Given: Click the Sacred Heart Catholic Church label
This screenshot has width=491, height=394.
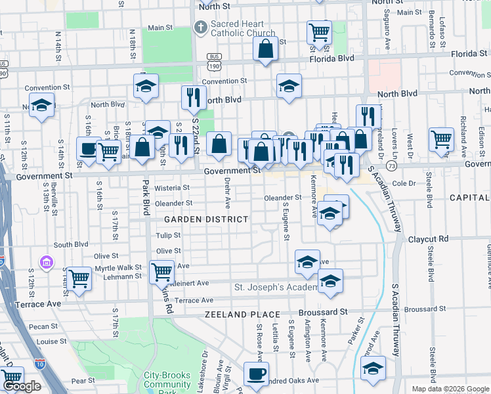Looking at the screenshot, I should [x=242, y=28].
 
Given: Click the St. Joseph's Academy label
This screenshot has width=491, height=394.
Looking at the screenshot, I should [x=275, y=288].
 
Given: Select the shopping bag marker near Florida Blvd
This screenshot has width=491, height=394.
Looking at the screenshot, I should [x=265, y=49].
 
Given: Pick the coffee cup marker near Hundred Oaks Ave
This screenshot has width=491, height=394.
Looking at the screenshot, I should [x=256, y=374].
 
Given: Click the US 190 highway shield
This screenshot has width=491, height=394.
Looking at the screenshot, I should [x=213, y=66].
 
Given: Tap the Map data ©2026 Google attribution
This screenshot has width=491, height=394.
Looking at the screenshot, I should [x=450, y=389].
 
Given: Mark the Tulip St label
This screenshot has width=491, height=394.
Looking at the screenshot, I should [x=167, y=235].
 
